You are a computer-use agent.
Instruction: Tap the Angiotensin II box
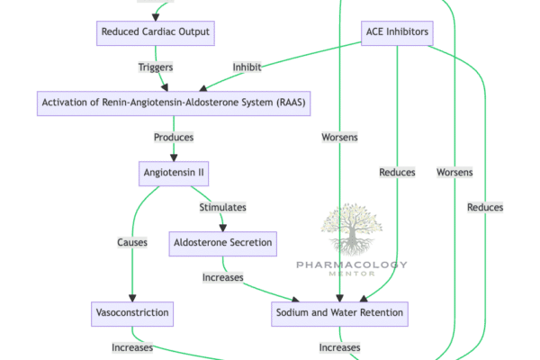174,172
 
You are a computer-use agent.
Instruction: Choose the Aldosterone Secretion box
222,242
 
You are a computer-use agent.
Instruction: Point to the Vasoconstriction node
131,313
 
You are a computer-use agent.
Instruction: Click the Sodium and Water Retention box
338,313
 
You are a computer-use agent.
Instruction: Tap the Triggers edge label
155,67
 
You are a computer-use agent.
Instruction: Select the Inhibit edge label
247,67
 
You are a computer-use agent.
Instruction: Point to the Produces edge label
174,138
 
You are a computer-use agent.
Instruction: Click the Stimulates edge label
222,207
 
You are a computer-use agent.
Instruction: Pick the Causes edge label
131,242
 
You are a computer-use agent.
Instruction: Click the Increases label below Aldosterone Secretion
222,277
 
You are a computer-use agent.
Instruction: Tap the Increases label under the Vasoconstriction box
131,347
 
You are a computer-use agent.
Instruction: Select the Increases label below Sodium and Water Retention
339,347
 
